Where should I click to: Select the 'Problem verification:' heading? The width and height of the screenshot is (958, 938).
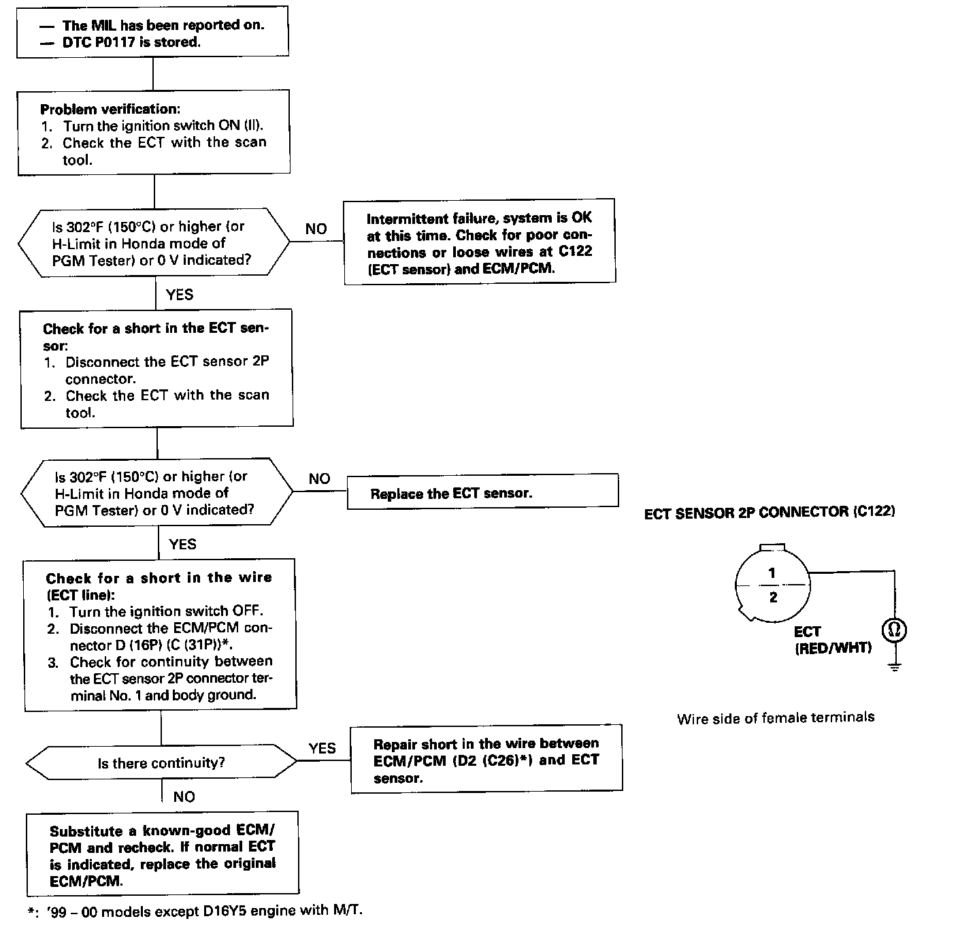pyautogui.click(x=110, y=109)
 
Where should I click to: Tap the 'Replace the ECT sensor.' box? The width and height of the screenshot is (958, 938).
pyautogui.click(x=482, y=491)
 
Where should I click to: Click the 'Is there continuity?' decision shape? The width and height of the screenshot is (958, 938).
pyautogui.click(x=161, y=763)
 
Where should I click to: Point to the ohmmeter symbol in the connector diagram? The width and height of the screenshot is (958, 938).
pyautogui.click(x=894, y=630)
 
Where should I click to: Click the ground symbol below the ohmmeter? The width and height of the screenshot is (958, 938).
pyautogui.click(x=894, y=666)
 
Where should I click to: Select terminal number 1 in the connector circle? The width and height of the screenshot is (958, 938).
pyautogui.click(x=772, y=573)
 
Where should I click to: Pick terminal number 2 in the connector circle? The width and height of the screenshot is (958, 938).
pyautogui.click(x=772, y=597)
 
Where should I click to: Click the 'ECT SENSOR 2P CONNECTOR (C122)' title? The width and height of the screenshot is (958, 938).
pyautogui.click(x=769, y=513)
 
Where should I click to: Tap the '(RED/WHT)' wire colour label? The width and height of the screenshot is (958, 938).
pyautogui.click(x=833, y=648)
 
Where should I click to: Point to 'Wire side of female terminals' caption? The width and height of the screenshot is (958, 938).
pyautogui.click(x=776, y=717)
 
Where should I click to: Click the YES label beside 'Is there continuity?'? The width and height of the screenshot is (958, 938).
pyautogui.click(x=322, y=748)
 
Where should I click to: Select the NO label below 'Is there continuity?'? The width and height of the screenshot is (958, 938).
pyautogui.click(x=184, y=796)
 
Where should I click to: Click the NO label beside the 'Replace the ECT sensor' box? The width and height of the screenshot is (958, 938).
pyautogui.click(x=319, y=479)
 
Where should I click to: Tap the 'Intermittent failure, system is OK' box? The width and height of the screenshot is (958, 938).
pyautogui.click(x=480, y=242)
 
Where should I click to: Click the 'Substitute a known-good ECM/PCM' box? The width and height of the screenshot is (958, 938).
pyautogui.click(x=163, y=854)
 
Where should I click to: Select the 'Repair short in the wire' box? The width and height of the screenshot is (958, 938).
pyautogui.click(x=486, y=759)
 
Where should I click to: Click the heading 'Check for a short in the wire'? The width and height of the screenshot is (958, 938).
pyautogui.click(x=159, y=579)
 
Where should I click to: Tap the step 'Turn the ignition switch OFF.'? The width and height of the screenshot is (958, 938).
pyautogui.click(x=165, y=611)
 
